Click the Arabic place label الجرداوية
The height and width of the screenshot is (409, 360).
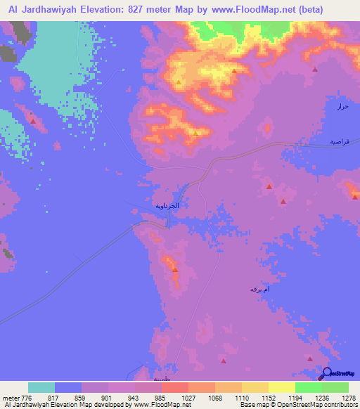point(167,206)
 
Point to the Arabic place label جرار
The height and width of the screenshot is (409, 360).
point(342,107)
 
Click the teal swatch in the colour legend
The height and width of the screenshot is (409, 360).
point(41,387)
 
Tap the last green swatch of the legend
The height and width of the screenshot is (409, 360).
point(335,387)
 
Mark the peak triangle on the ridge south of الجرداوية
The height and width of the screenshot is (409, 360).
point(174,269)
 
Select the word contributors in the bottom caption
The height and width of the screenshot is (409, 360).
point(342,405)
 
